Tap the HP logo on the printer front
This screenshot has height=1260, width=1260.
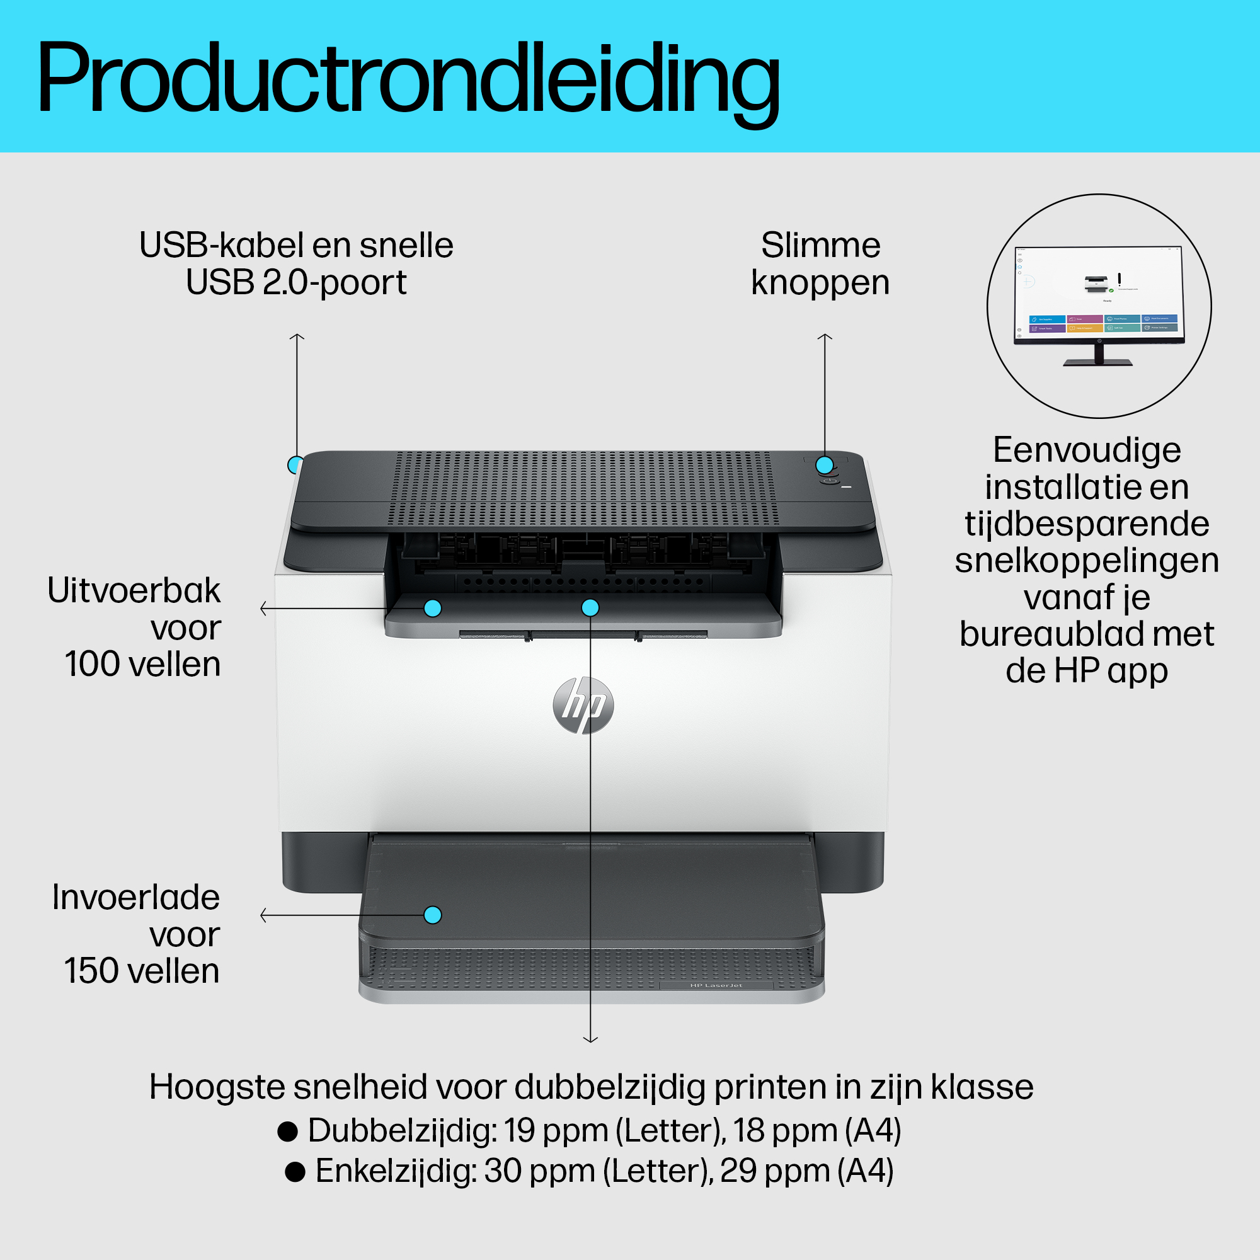(x=583, y=705)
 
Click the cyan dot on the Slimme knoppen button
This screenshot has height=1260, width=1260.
(x=824, y=465)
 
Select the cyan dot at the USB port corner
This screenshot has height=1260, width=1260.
(x=295, y=464)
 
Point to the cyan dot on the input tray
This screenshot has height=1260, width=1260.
(x=432, y=915)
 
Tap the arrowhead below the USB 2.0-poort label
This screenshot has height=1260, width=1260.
(x=297, y=336)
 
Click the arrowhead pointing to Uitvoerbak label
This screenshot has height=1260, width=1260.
(x=263, y=609)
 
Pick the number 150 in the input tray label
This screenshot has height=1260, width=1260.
(x=91, y=971)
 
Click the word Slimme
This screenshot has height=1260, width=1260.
(x=820, y=246)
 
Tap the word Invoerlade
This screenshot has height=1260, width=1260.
(x=135, y=897)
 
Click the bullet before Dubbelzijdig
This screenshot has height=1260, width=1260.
(x=288, y=1130)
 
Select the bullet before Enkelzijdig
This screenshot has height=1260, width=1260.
(x=295, y=1171)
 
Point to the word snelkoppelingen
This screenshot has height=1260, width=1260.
(x=1087, y=560)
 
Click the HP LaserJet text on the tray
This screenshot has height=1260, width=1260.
(x=716, y=985)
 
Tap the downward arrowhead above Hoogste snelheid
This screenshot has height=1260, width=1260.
(x=590, y=1039)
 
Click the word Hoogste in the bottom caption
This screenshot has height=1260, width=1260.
(x=217, y=1087)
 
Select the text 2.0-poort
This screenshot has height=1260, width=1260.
(x=335, y=282)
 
